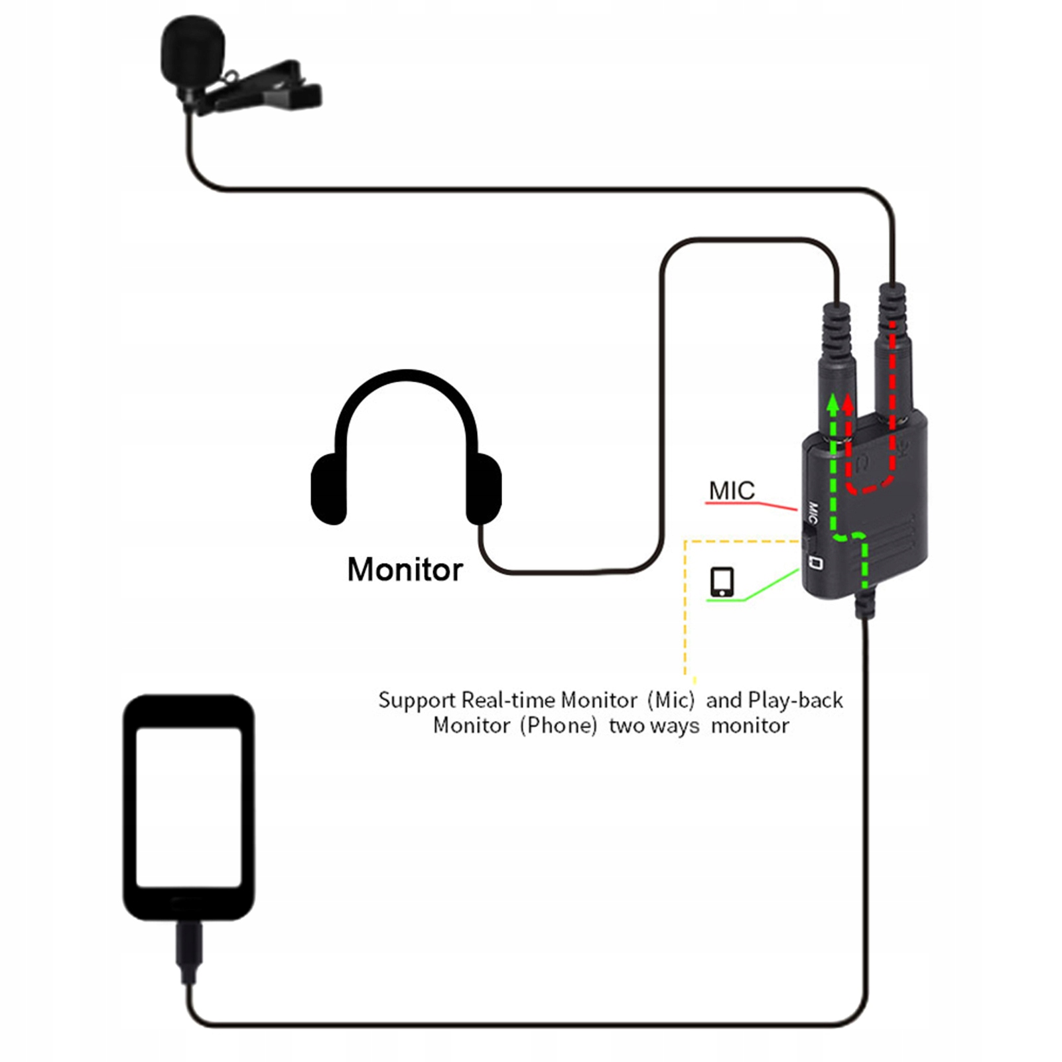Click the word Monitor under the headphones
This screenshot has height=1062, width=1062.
pyautogui.click(x=405, y=570)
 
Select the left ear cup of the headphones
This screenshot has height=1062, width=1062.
pyautogui.click(x=328, y=488)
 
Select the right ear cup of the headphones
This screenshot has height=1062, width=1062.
pyautogui.click(x=484, y=488)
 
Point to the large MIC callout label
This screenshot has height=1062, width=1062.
pyautogui.click(x=732, y=491)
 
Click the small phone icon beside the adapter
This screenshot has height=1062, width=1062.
pyautogui.click(x=722, y=582)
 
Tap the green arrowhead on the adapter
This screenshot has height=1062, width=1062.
pyautogui.click(x=832, y=403)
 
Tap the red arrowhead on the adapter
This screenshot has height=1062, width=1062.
pyautogui.click(x=848, y=403)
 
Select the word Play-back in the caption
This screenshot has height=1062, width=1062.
pyautogui.click(x=795, y=700)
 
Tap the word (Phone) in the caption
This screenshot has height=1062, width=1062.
pyautogui.click(x=559, y=726)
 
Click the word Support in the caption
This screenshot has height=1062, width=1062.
pyautogui.click(x=417, y=701)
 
